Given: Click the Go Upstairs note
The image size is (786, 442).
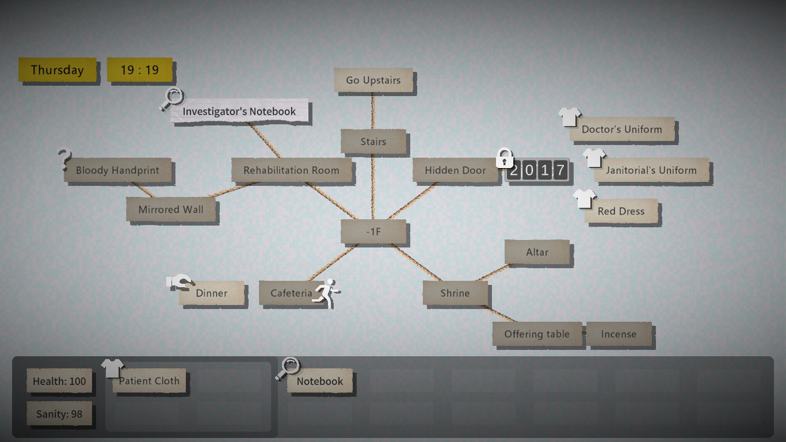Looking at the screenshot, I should pos(373,80).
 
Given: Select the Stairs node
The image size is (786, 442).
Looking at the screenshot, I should pos(373,142).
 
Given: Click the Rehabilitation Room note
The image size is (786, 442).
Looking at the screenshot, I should pos(291,170).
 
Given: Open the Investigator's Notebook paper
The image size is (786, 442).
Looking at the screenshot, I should pos(239,112).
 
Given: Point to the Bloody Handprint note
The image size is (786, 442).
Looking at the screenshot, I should pos(117,170).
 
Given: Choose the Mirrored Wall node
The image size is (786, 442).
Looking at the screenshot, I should pos(171,209).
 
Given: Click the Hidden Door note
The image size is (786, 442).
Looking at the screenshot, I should pos(455,170).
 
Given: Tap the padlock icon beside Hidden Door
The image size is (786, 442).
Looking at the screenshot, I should pos(505,158).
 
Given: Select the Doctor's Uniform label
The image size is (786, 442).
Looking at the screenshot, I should pos(621,129).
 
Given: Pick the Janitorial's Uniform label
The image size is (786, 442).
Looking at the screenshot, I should pos(651,170).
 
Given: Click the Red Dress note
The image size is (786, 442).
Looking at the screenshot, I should pos(621,211).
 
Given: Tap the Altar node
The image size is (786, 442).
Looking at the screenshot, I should pos(537,252).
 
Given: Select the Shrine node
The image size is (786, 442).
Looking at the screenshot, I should pos(455,293).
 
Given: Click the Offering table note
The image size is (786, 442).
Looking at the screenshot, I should pos(537,334).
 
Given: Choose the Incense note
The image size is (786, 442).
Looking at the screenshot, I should pos(619,334).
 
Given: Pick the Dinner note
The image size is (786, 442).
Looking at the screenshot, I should pos(212,293).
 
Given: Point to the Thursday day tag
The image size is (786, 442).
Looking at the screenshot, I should pos(57,70).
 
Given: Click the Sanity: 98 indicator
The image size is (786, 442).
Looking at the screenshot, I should pos(59,414).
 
